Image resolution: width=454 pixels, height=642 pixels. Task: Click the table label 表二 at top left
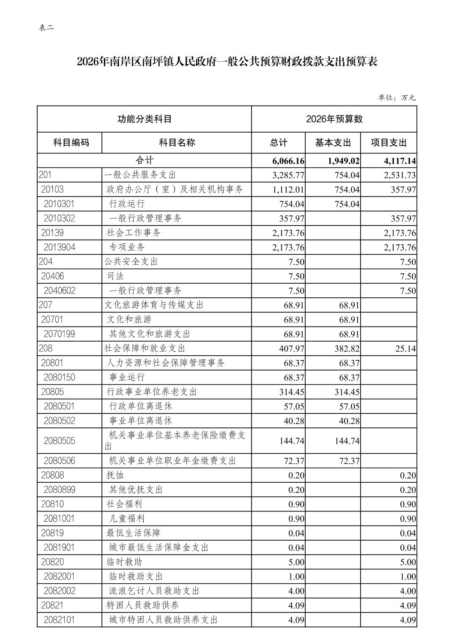[x=46, y=28]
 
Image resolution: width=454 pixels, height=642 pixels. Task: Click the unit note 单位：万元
[x=397, y=98]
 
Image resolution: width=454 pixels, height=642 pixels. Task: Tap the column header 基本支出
[x=333, y=142]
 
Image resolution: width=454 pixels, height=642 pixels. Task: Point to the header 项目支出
[x=388, y=142]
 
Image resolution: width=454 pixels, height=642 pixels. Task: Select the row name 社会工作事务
[x=134, y=233]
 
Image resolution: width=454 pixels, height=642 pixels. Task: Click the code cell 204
[x=46, y=262]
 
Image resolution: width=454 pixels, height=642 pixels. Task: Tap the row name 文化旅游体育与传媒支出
[x=154, y=305]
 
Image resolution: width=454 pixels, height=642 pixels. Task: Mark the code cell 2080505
[x=59, y=441]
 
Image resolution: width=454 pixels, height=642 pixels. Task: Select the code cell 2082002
[x=59, y=591]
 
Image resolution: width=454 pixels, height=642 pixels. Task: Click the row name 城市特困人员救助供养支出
[x=163, y=620]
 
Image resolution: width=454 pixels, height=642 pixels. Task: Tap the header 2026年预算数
[x=334, y=119]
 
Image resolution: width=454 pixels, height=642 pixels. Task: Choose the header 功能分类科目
[x=145, y=119]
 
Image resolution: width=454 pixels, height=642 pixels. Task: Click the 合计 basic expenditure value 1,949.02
[x=343, y=161]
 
